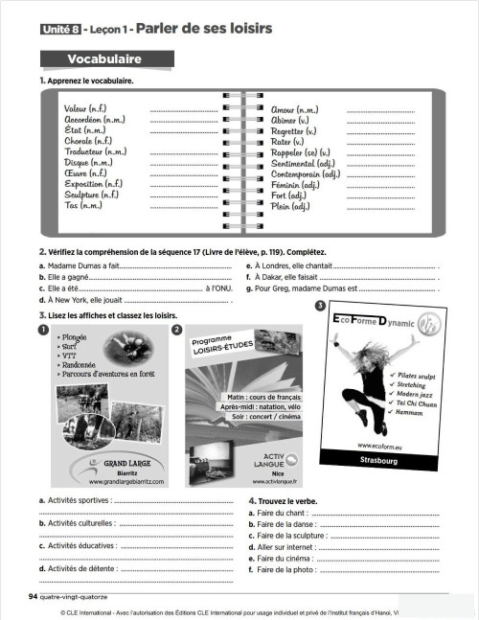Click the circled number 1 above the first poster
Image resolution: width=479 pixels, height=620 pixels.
[44, 331]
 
